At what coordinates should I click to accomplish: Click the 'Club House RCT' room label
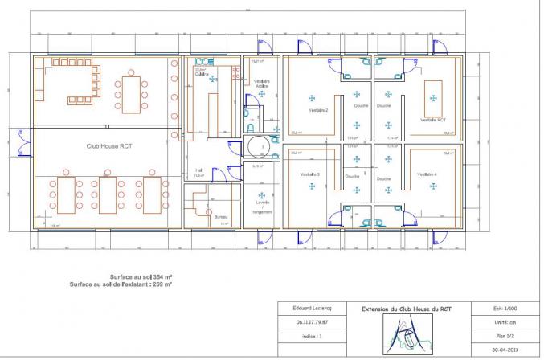click(108, 146)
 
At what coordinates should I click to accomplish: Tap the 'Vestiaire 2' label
click(319, 110)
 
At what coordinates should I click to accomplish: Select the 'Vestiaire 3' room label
click(310, 174)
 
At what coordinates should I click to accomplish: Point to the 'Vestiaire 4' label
click(427, 174)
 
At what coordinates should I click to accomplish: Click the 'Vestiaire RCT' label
click(434, 120)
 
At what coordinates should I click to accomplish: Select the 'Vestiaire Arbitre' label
click(261, 84)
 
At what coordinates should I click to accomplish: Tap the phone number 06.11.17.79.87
click(301, 322)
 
